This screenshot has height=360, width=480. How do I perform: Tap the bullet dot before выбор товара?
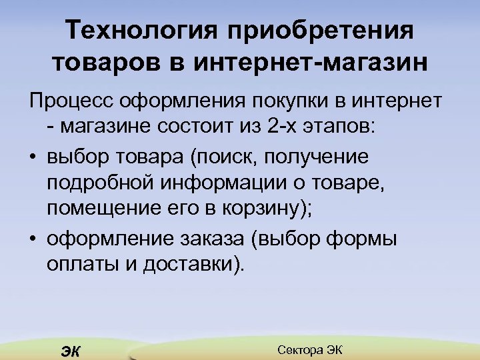(33, 157)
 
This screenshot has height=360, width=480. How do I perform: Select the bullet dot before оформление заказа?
(33, 237)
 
